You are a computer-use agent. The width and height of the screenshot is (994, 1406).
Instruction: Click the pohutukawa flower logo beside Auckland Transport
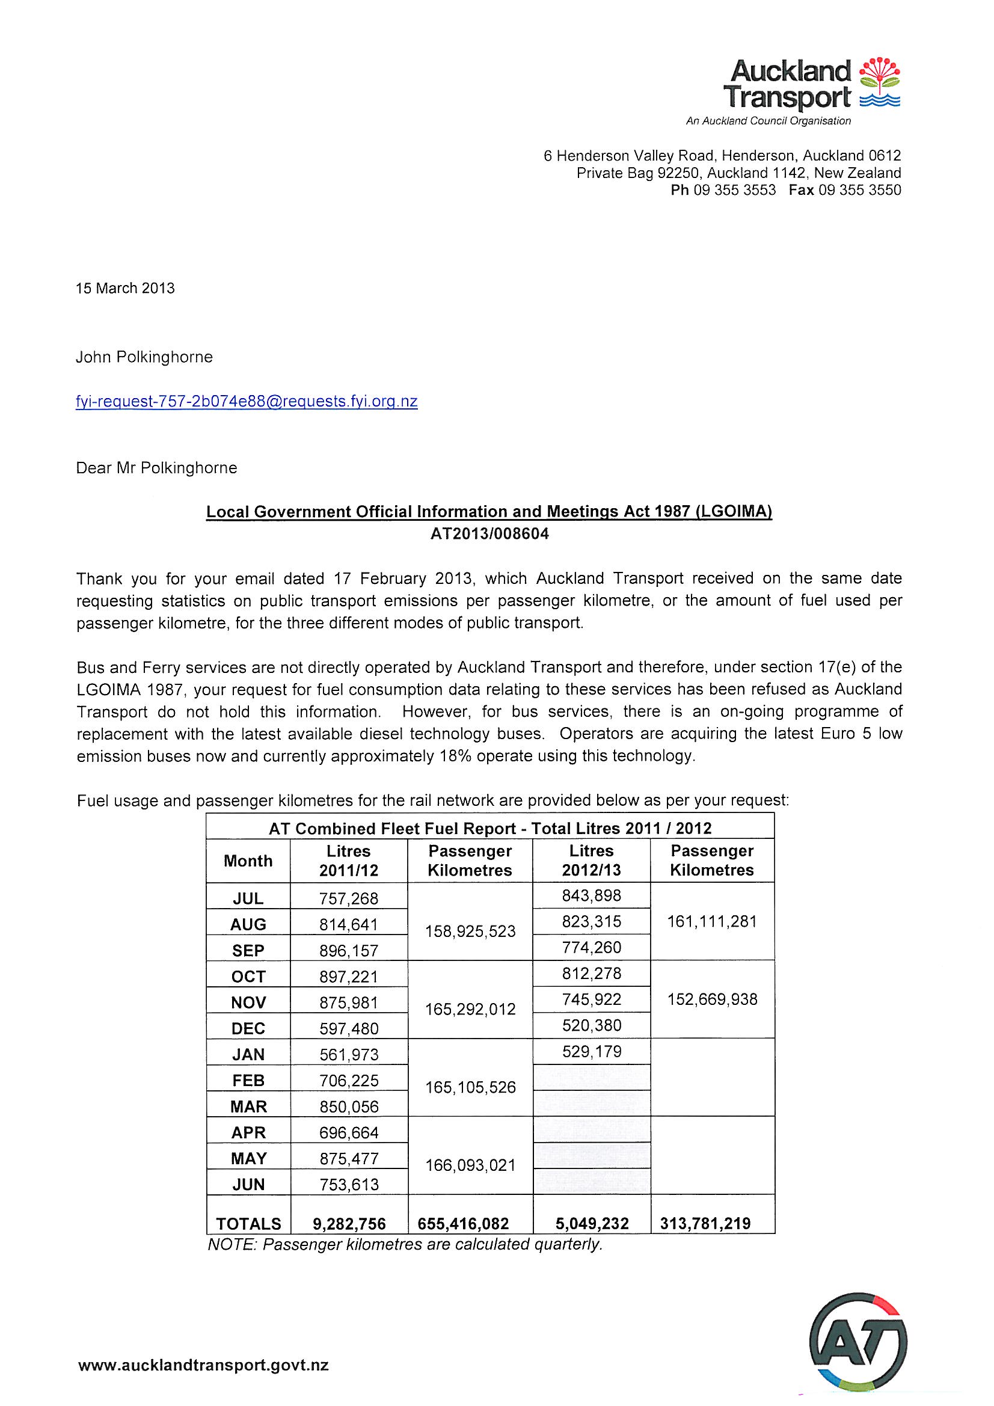coord(880,82)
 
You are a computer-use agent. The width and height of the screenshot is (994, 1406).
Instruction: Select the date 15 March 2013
coord(125,289)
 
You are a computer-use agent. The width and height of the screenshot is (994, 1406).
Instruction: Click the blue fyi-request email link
coord(246,402)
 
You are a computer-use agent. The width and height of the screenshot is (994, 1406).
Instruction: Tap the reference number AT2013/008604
coord(489,534)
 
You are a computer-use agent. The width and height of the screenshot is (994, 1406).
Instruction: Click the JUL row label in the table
coord(248,898)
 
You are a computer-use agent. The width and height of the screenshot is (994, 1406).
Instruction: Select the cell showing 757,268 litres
coord(349,898)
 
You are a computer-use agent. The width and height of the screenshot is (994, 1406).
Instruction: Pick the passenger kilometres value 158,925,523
coord(470,932)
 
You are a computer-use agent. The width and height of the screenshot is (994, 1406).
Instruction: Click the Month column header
coord(248,861)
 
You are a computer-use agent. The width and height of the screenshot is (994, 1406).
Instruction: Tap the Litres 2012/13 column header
coord(591,861)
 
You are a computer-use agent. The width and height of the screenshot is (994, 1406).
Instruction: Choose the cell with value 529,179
coord(592,1051)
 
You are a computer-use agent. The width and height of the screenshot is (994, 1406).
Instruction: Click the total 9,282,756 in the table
coord(349,1224)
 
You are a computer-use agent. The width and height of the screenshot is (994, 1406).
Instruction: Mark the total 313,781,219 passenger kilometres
coord(705,1224)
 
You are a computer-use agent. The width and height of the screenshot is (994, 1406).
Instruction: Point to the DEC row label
coord(248,1028)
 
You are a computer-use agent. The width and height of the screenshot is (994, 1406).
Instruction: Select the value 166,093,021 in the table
coord(470,1165)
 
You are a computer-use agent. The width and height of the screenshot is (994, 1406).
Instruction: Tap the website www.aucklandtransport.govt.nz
coord(203,1365)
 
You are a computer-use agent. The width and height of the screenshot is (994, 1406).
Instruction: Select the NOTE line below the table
coord(405,1244)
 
